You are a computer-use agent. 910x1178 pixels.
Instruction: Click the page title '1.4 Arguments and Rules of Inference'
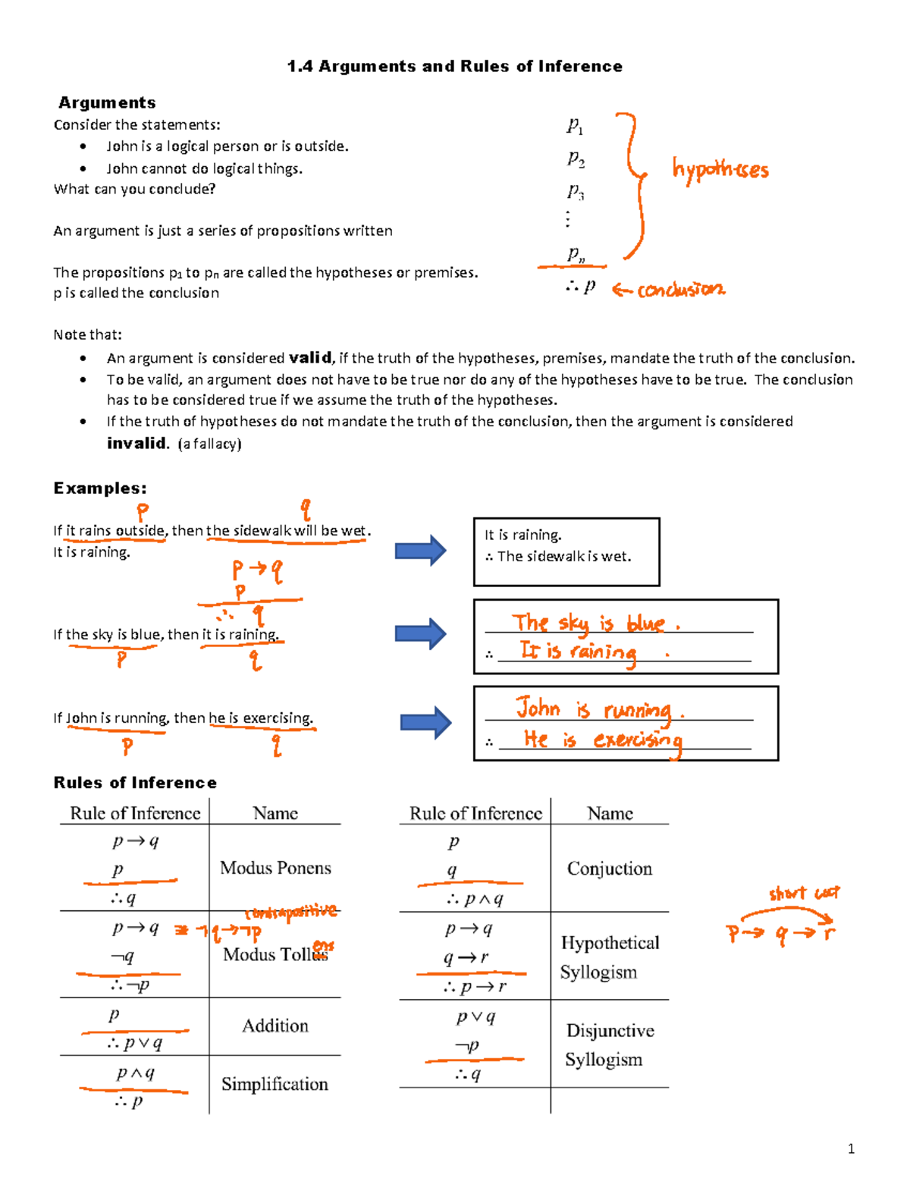[454, 67]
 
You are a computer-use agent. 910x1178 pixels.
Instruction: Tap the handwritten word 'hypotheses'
[720, 169]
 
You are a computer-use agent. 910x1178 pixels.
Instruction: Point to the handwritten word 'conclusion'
[680, 290]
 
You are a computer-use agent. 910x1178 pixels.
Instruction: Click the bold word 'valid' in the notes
[310, 358]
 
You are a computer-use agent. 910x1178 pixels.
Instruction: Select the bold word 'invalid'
[136, 444]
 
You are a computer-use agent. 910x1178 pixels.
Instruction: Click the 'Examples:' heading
[100, 488]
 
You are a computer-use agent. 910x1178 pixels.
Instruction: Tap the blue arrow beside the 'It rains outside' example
[420, 551]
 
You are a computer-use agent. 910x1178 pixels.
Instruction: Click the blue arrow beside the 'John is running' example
[425, 723]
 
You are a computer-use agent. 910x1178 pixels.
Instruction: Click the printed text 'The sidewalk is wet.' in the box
[563, 557]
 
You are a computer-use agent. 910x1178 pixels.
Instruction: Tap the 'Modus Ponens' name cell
[275, 869]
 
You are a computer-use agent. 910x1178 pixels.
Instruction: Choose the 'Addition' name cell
[275, 1026]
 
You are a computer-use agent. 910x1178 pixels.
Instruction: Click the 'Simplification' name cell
[275, 1085]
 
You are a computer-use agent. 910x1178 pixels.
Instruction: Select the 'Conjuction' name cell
[610, 869]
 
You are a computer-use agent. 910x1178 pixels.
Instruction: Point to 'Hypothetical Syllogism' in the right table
[609, 957]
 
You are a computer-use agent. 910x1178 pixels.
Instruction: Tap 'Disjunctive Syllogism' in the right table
[609, 1045]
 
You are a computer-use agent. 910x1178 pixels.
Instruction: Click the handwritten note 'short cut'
[804, 894]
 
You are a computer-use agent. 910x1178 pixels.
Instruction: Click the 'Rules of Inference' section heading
[135, 783]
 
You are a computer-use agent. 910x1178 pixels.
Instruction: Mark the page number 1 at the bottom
[851, 1148]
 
